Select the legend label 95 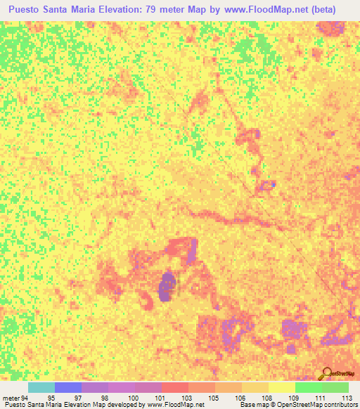pyautogui.click(x=51, y=396)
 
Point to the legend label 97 pyautogui.click(x=77, y=396)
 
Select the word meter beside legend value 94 pyautogui.click(x=10, y=396)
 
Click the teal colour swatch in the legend pyautogui.click(x=41, y=387)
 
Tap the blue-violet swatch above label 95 pyautogui.click(x=68, y=387)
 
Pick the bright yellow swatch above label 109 pyautogui.click(x=282, y=387)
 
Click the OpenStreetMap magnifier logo pyautogui.click(x=326, y=373)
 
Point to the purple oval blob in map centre pyautogui.click(x=167, y=287)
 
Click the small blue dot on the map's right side pyautogui.click(x=273, y=183)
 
